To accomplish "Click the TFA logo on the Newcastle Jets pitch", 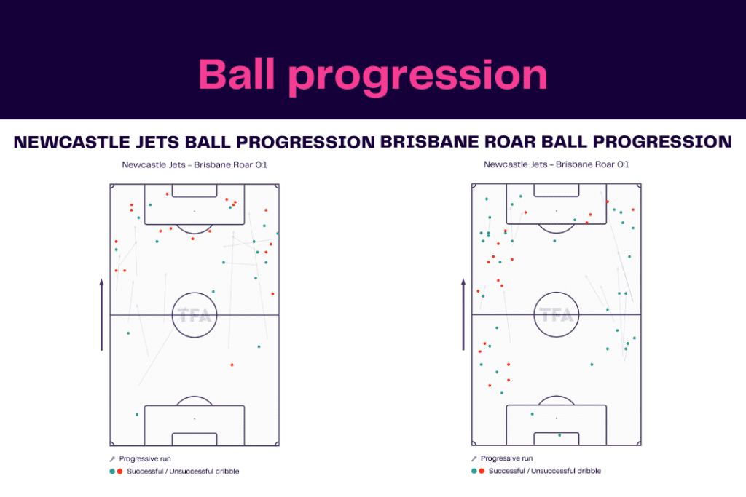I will point(195,316).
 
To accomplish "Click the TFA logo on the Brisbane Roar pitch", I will point(556,316).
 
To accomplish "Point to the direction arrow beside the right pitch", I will point(463,314).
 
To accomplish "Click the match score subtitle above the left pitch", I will point(195,165).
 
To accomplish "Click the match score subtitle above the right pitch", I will point(556,165).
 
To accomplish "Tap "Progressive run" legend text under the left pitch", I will point(145,459).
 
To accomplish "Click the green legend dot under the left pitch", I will point(111,472).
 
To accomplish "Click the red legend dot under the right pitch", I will point(482,472).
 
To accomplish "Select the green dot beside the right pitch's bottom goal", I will point(559,435).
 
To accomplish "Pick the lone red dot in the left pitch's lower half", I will point(232,365).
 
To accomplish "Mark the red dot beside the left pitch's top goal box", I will point(168,194).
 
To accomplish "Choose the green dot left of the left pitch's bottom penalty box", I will point(137,415).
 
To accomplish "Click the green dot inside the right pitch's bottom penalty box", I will point(533,415).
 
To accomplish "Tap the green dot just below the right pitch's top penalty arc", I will point(554,241).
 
